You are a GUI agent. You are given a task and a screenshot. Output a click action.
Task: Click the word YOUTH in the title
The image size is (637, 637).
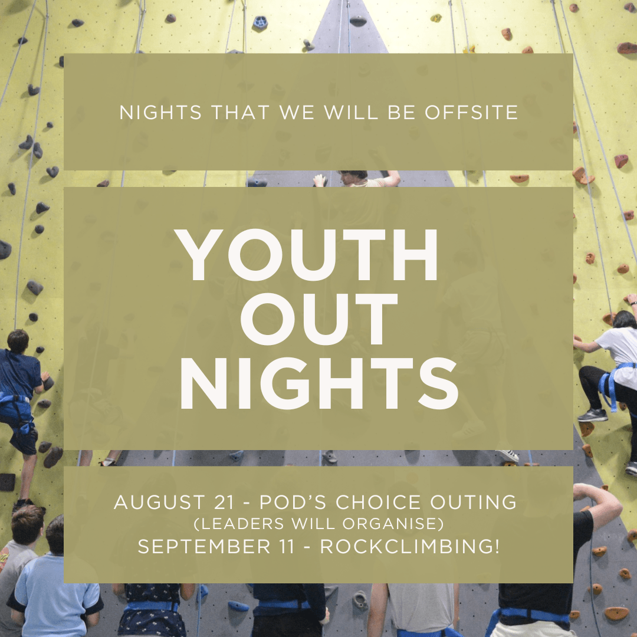pyautogui.click(x=306, y=255)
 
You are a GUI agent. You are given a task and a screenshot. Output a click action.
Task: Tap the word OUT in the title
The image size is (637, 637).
pyautogui.click(x=319, y=319)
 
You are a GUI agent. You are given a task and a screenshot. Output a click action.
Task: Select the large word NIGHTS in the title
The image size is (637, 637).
pyautogui.click(x=319, y=383)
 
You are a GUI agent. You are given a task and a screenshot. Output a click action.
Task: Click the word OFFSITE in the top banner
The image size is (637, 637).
pyautogui.click(x=471, y=113)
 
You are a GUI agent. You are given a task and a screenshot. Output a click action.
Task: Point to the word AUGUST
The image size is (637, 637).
pyautogui.click(x=159, y=502)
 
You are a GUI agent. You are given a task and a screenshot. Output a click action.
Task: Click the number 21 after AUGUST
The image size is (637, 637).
pyautogui.click(x=224, y=503)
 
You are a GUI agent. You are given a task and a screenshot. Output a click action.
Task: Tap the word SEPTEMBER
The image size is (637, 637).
pyautogui.click(x=204, y=546)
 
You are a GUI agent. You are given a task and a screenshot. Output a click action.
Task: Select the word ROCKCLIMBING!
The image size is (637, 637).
pyautogui.click(x=410, y=546)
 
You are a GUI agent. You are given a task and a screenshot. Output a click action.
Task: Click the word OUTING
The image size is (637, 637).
pyautogui.click(x=473, y=502)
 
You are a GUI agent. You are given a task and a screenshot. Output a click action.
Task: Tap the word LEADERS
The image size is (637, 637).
pyautogui.click(x=239, y=524)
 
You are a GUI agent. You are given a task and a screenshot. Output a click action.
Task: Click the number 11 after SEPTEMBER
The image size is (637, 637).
pyautogui.click(x=286, y=546)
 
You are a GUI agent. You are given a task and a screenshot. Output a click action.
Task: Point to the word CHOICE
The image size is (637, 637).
pyautogui.click(x=378, y=502)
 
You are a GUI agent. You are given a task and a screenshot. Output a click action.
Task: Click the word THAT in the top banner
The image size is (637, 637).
pyautogui.click(x=240, y=113)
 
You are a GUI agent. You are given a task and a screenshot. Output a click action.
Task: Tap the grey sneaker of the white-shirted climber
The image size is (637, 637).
pyautogui.click(x=593, y=415)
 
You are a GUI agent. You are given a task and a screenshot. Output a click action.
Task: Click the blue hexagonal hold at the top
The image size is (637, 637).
pyautogui.click(x=260, y=22)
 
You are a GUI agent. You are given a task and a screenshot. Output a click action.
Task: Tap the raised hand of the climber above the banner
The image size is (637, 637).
pyautogui.click(x=320, y=180)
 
